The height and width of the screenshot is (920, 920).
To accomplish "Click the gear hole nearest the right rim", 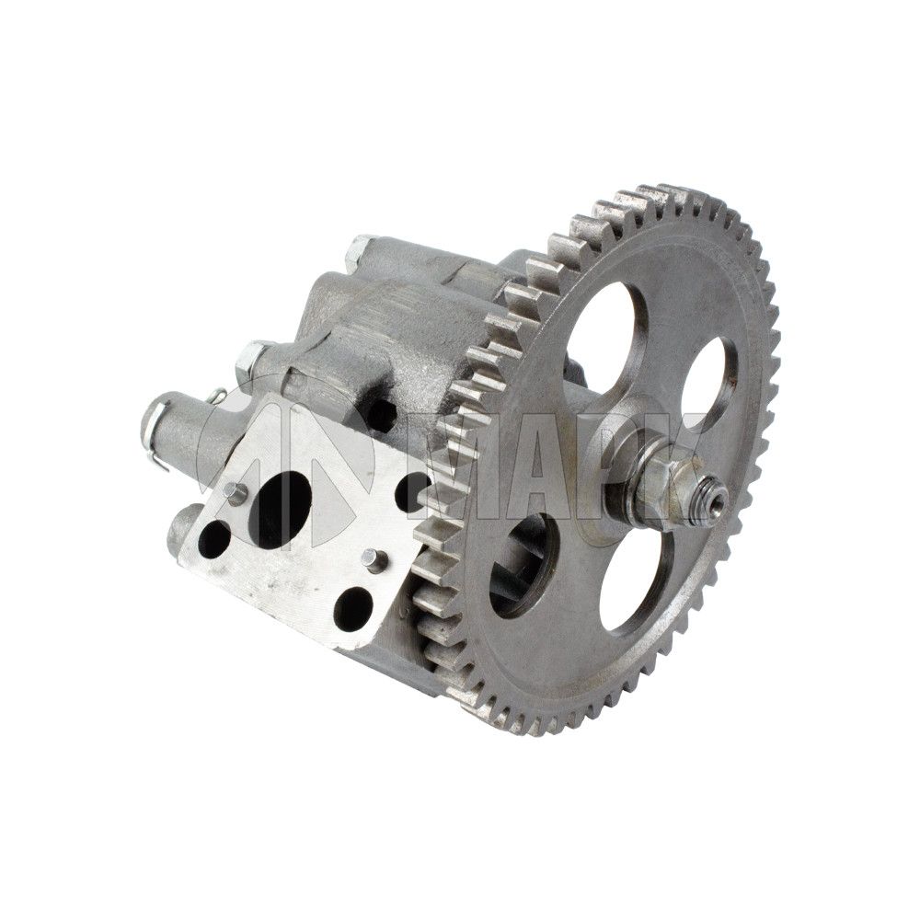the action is pos(710,377).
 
